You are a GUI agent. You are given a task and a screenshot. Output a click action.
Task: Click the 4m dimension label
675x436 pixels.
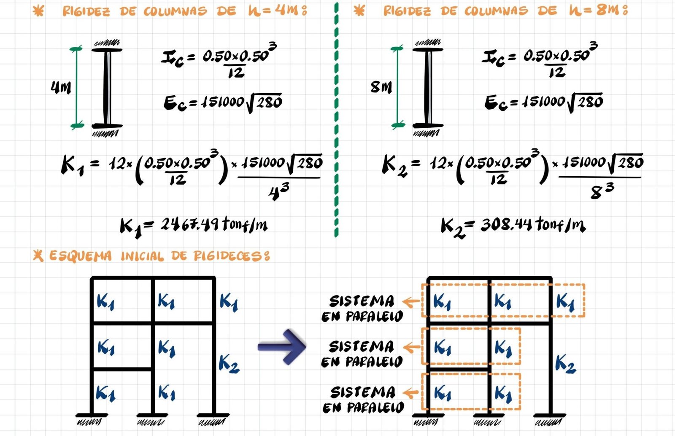pyautogui.click(x=61, y=88)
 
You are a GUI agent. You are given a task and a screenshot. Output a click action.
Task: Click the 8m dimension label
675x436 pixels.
pyautogui.click(x=381, y=87)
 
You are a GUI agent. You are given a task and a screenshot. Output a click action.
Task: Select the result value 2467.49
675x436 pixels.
pyautogui.click(x=190, y=224)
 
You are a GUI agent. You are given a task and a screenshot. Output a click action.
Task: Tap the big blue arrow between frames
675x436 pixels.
pyautogui.click(x=282, y=347)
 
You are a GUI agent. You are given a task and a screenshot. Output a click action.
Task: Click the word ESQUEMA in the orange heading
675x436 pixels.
pyautogui.click(x=81, y=256)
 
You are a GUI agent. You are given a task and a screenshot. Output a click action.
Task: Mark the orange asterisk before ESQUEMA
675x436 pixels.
pyautogui.click(x=38, y=256)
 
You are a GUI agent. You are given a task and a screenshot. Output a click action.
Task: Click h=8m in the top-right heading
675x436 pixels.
pyautogui.click(x=599, y=11)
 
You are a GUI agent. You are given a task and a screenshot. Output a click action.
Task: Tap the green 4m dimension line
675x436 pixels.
pyautogui.click(x=76, y=87)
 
